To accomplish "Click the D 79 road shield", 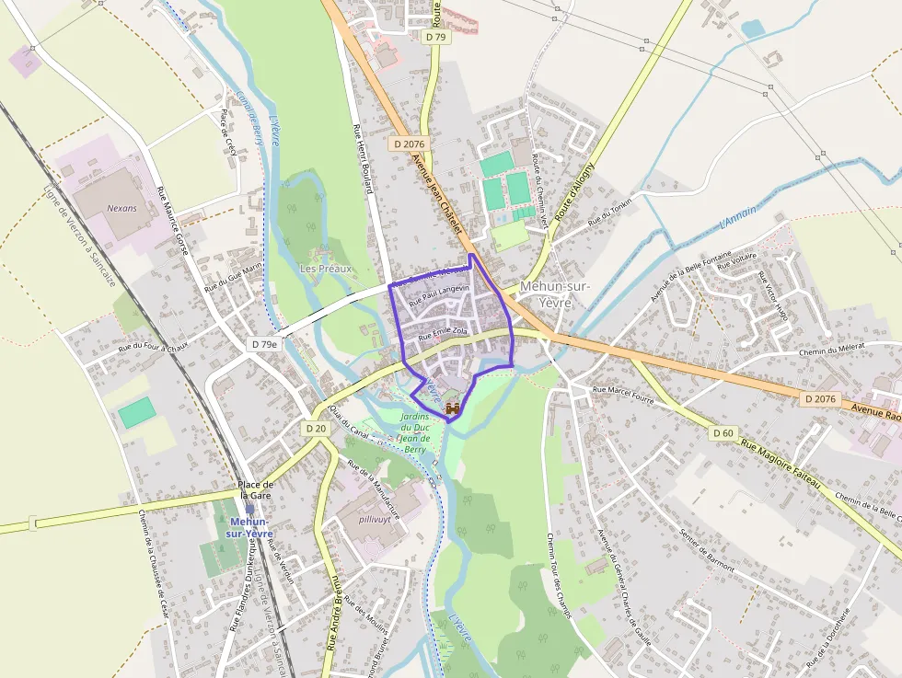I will pyautogui.click(x=436, y=37).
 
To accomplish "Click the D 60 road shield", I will pyautogui.click(x=723, y=432).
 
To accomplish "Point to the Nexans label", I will pyautogui.click(x=121, y=208).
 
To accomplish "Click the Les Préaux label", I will pyautogui.click(x=326, y=269).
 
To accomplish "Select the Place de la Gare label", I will pyautogui.click(x=256, y=490).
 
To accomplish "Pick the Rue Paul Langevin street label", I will pyautogui.click(x=439, y=294).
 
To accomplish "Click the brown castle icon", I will pyautogui.click(x=452, y=407).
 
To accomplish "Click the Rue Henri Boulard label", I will pyautogui.click(x=363, y=158).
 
